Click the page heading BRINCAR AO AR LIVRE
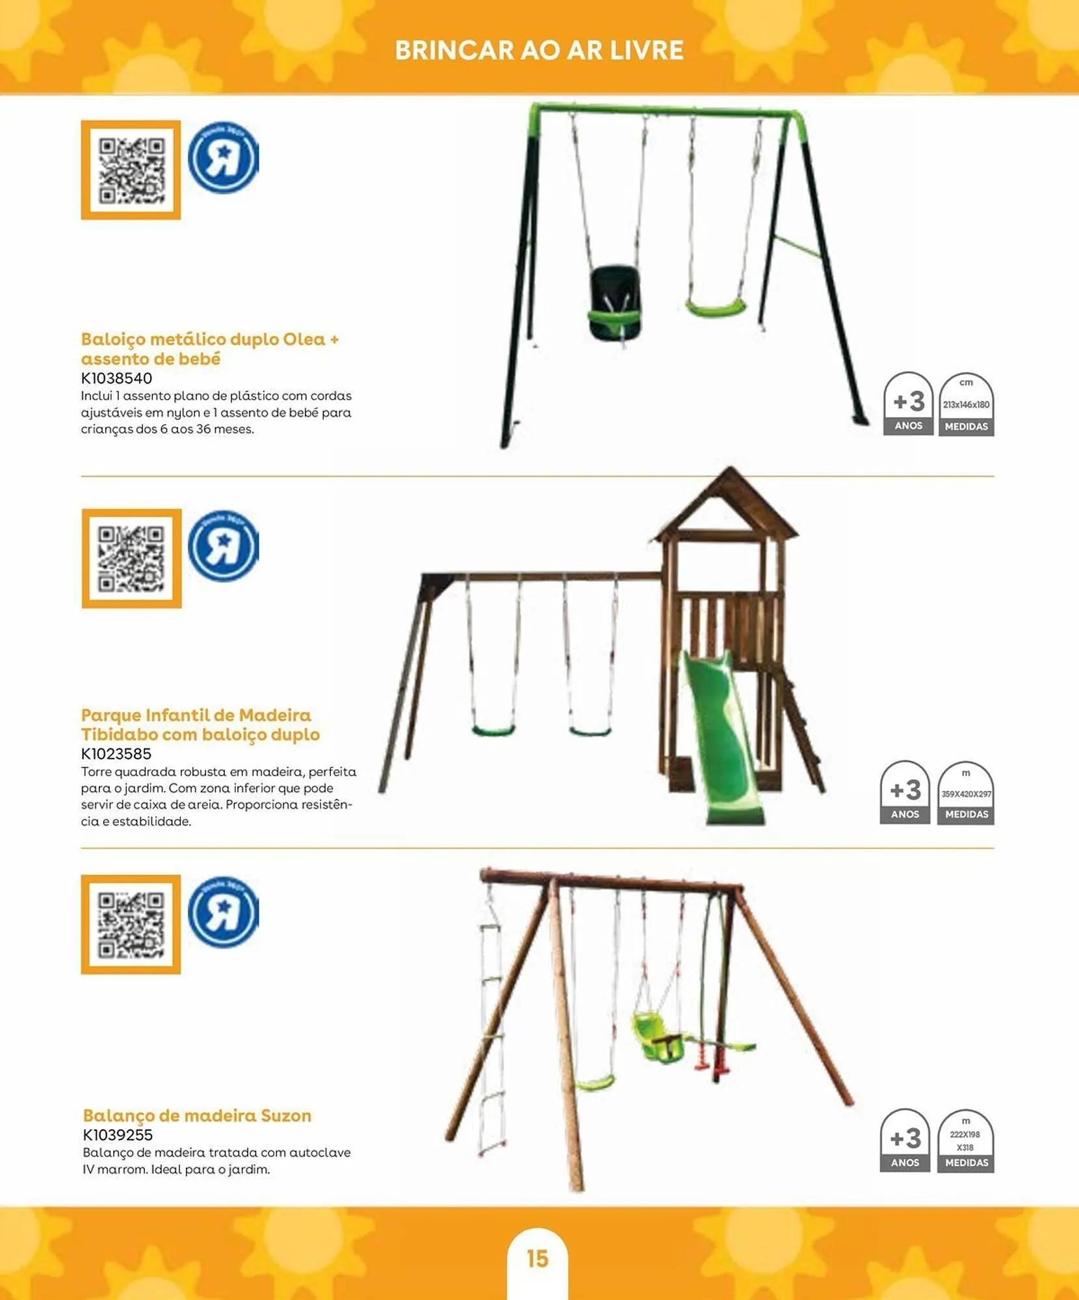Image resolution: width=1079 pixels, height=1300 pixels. (539, 51)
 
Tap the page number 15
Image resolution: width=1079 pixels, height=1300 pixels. (538, 1258)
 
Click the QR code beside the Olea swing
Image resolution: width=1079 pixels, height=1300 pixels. (131, 170)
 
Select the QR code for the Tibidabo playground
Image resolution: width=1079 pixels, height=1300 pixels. (131, 559)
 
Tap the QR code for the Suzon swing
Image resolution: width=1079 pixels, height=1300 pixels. (131, 924)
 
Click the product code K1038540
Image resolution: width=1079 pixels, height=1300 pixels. (116, 378)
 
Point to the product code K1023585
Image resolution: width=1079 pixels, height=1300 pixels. (116, 754)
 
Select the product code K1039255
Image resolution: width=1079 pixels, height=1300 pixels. (118, 1135)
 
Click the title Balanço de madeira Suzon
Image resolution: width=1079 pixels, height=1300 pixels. (197, 1115)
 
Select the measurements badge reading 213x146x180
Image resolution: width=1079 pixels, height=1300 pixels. (966, 404)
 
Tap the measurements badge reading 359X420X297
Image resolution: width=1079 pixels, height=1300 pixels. (966, 793)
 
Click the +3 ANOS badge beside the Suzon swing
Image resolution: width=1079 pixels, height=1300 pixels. (905, 1141)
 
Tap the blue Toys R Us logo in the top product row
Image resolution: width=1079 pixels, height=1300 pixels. (223, 158)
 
